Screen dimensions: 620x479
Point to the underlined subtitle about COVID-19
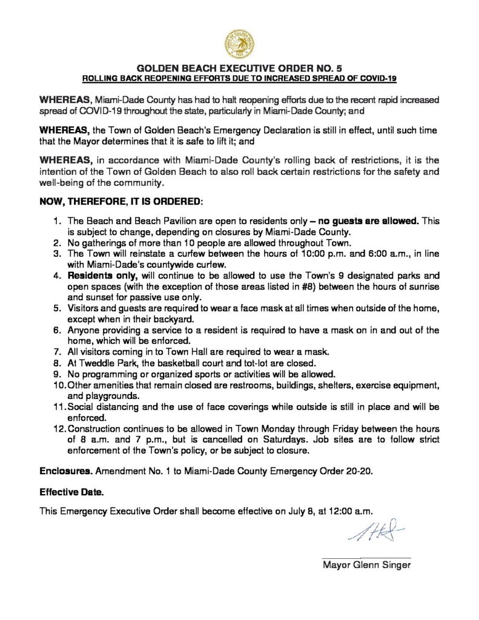pyautogui.click(x=239, y=79)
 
